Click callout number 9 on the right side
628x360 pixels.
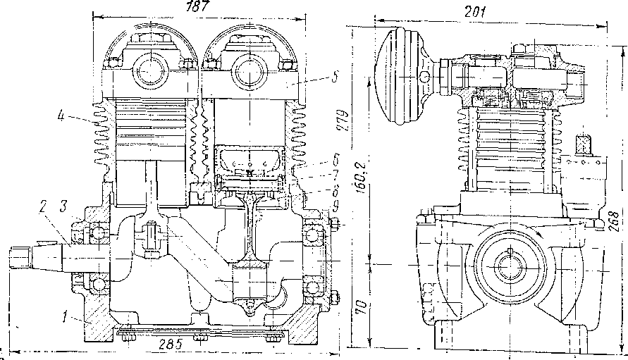pos(336,206)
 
